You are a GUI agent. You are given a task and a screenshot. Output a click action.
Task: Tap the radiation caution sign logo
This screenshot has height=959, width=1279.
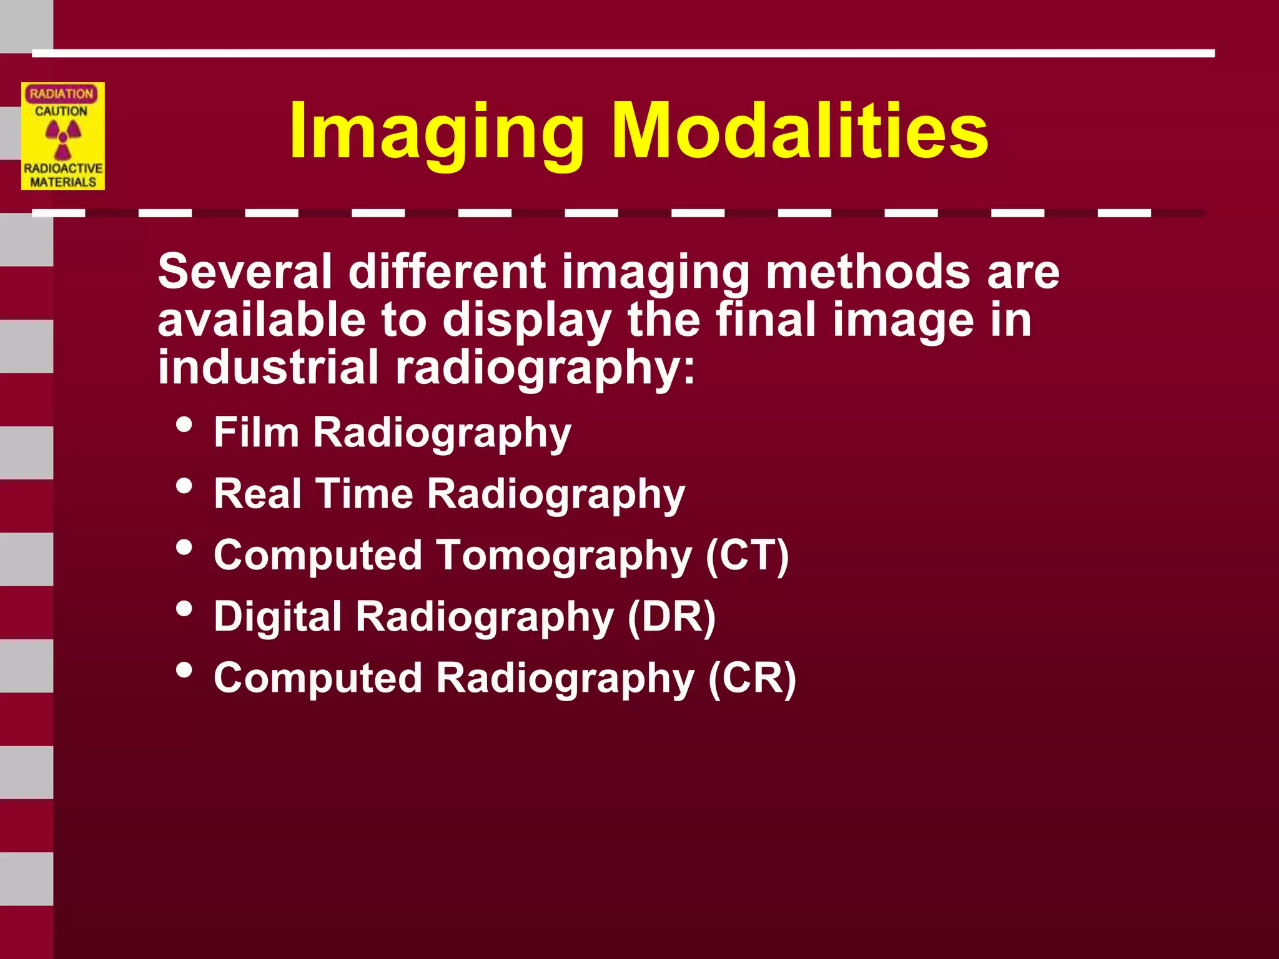[63, 136]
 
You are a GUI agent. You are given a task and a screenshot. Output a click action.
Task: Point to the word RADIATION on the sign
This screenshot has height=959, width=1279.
[61, 94]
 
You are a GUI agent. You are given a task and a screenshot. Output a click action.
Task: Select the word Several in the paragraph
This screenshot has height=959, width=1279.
[245, 272]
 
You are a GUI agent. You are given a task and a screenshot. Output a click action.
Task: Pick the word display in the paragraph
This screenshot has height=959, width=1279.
[526, 320]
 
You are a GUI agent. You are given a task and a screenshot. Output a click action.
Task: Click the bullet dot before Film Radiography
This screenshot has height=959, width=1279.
[184, 425]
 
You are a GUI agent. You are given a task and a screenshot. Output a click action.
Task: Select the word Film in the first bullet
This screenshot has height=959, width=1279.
[256, 432]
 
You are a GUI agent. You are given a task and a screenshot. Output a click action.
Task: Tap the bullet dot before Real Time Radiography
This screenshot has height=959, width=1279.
[184, 486]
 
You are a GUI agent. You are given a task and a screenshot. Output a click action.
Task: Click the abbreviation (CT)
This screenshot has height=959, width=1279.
[747, 554]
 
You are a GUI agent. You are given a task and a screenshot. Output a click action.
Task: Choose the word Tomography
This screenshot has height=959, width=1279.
[565, 556]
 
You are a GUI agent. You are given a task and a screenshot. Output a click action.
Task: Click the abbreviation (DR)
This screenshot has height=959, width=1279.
[671, 617]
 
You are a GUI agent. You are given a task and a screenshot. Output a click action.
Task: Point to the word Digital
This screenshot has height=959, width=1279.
[278, 617]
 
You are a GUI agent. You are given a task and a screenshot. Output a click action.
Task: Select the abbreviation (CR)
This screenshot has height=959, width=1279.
[752, 677]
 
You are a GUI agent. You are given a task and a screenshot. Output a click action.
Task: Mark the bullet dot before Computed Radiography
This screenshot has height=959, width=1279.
[184, 670]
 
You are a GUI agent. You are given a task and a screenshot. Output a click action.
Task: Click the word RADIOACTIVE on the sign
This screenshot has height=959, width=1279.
[63, 169]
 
